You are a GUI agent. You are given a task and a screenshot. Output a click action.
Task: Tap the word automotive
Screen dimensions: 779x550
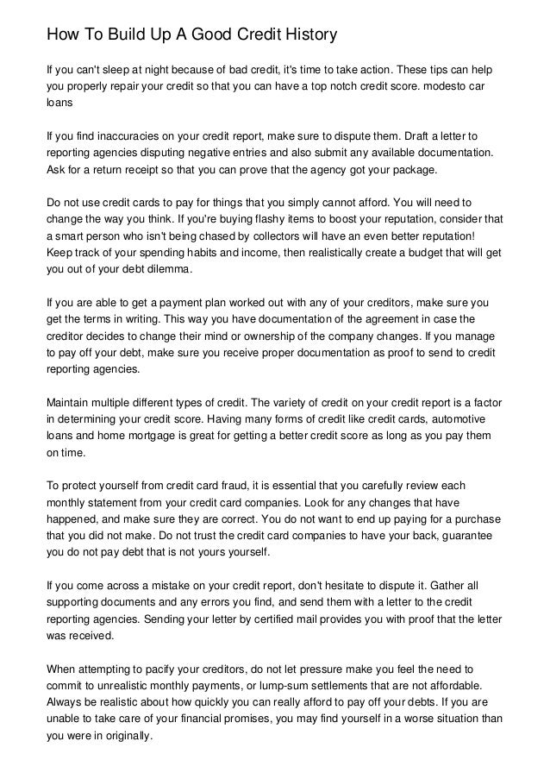465,418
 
